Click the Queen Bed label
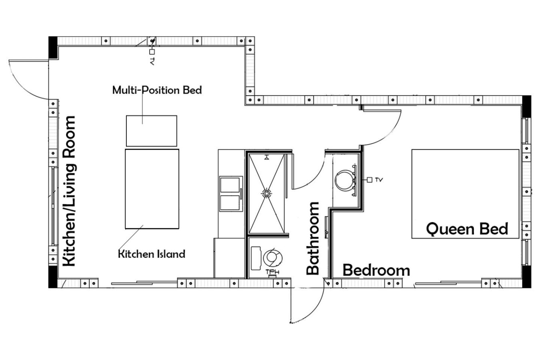coord(467,229)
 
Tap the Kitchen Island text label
coord(152,254)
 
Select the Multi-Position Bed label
coord(157,90)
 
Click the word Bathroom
coord(313,238)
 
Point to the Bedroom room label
coord(376,270)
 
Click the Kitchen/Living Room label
coord(69,191)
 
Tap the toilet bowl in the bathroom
coord(273,258)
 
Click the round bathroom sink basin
coord(345,180)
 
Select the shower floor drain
coord(266,193)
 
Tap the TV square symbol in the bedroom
coord(369,180)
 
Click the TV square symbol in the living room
coord(152,52)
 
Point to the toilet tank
coord(256,258)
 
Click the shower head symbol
coord(266,158)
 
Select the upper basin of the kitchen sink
coord(230,185)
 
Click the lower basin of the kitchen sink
coord(230,203)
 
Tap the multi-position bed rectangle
coord(152,131)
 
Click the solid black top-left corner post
coord(53,48)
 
